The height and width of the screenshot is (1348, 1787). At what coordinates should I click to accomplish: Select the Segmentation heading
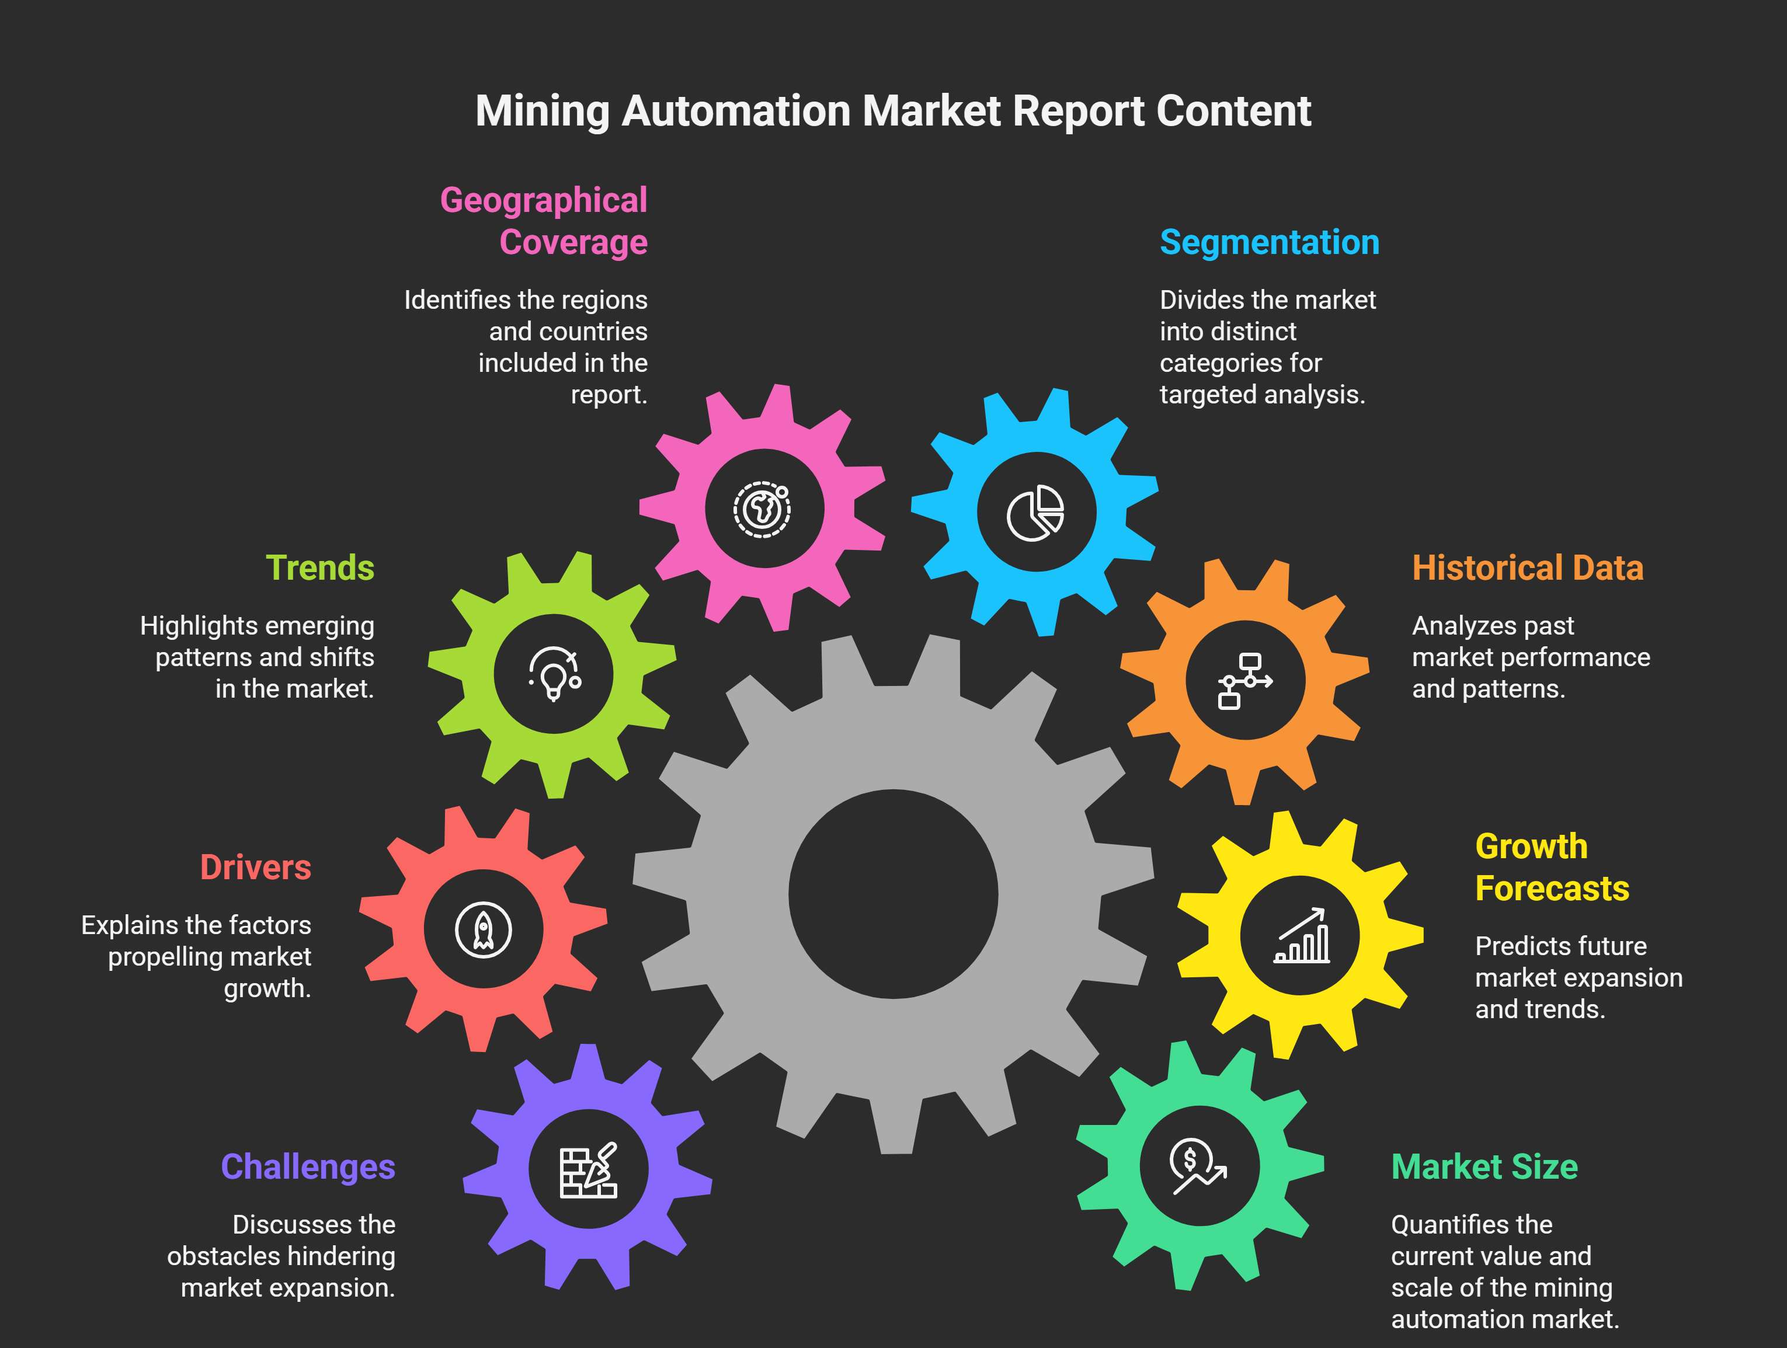1269,242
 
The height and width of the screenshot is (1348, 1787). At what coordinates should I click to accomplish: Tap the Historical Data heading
1527,568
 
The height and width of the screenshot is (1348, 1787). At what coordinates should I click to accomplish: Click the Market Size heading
1484,1167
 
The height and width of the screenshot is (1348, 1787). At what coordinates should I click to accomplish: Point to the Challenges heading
308,1167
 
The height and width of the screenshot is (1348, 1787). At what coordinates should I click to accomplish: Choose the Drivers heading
255,868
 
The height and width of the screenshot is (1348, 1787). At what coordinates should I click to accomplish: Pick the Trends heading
320,568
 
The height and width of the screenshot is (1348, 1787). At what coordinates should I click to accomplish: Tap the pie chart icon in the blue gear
1035,513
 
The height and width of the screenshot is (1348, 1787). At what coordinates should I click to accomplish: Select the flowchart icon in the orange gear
1244,681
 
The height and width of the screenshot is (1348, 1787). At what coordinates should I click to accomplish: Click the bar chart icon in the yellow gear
1302,935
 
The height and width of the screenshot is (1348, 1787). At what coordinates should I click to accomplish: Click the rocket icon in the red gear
483,929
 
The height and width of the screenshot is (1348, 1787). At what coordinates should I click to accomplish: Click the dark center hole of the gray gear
893,894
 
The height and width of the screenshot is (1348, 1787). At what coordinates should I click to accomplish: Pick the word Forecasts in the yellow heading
1552,889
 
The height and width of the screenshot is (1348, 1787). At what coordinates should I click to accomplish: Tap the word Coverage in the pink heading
573,242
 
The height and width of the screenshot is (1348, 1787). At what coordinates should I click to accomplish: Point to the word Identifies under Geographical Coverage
457,301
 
